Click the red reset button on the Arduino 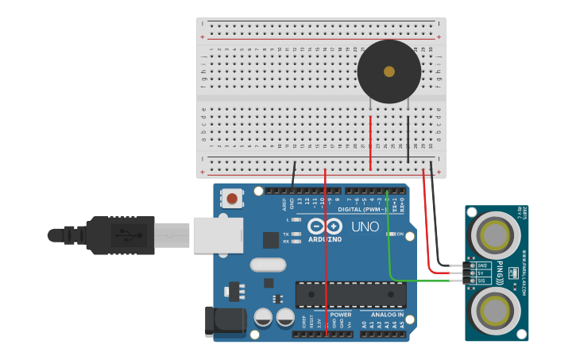click(x=233, y=198)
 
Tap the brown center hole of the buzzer click(x=389, y=72)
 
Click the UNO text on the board click(x=365, y=226)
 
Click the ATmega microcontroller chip click(x=350, y=294)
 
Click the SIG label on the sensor click(x=481, y=281)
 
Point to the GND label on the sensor click(x=481, y=265)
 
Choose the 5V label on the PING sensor click(x=481, y=273)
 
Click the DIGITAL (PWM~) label click(x=361, y=210)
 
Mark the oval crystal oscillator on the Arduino click(x=267, y=265)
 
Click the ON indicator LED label click(x=400, y=234)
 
